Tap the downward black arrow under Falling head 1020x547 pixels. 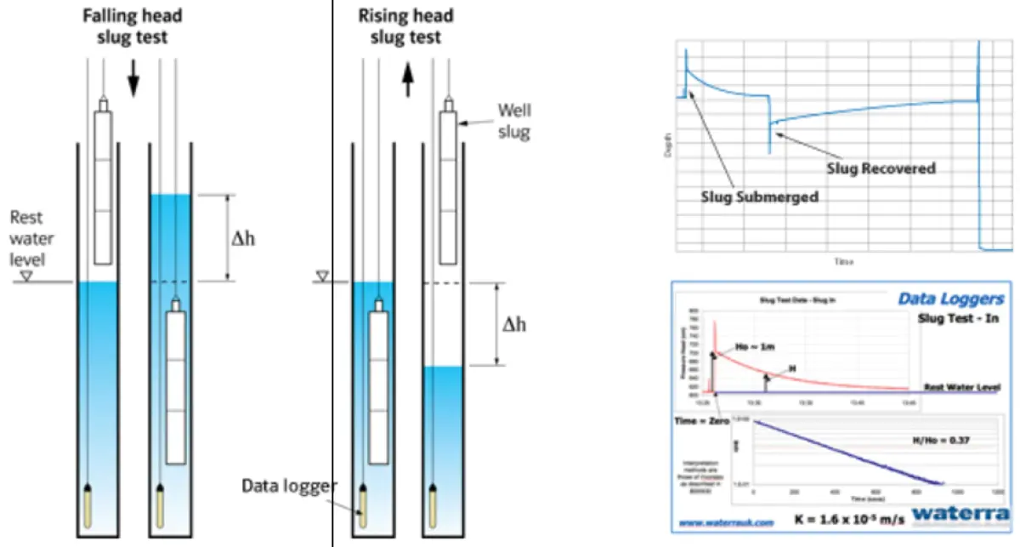[x=133, y=82]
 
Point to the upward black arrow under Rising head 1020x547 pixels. [x=407, y=82]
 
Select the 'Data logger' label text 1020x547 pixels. [x=290, y=486]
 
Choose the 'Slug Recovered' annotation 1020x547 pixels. [x=881, y=168]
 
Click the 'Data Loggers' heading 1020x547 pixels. [x=950, y=299]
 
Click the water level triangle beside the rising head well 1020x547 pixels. [x=322, y=276]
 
